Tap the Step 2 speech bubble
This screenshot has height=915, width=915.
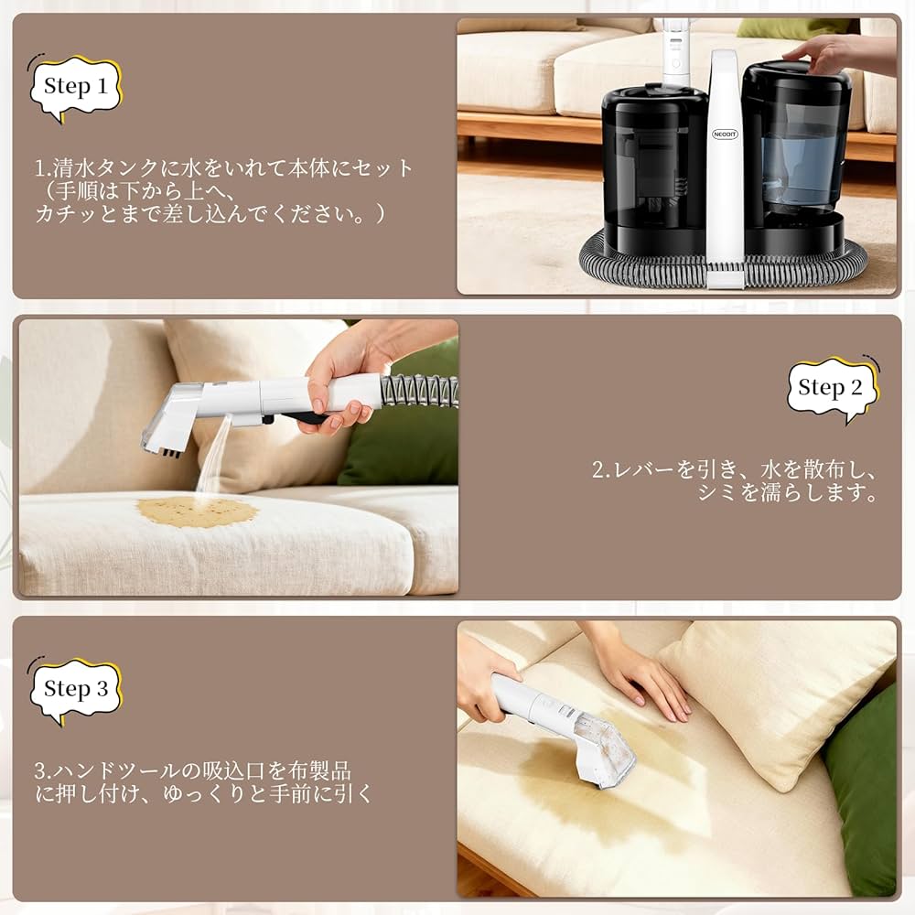coord(831,388)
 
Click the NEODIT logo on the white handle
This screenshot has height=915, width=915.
coord(725,134)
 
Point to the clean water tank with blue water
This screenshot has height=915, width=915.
coord(795,160)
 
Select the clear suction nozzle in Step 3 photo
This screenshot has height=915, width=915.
coord(599,750)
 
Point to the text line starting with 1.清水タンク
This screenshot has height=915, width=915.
coord(224,168)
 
